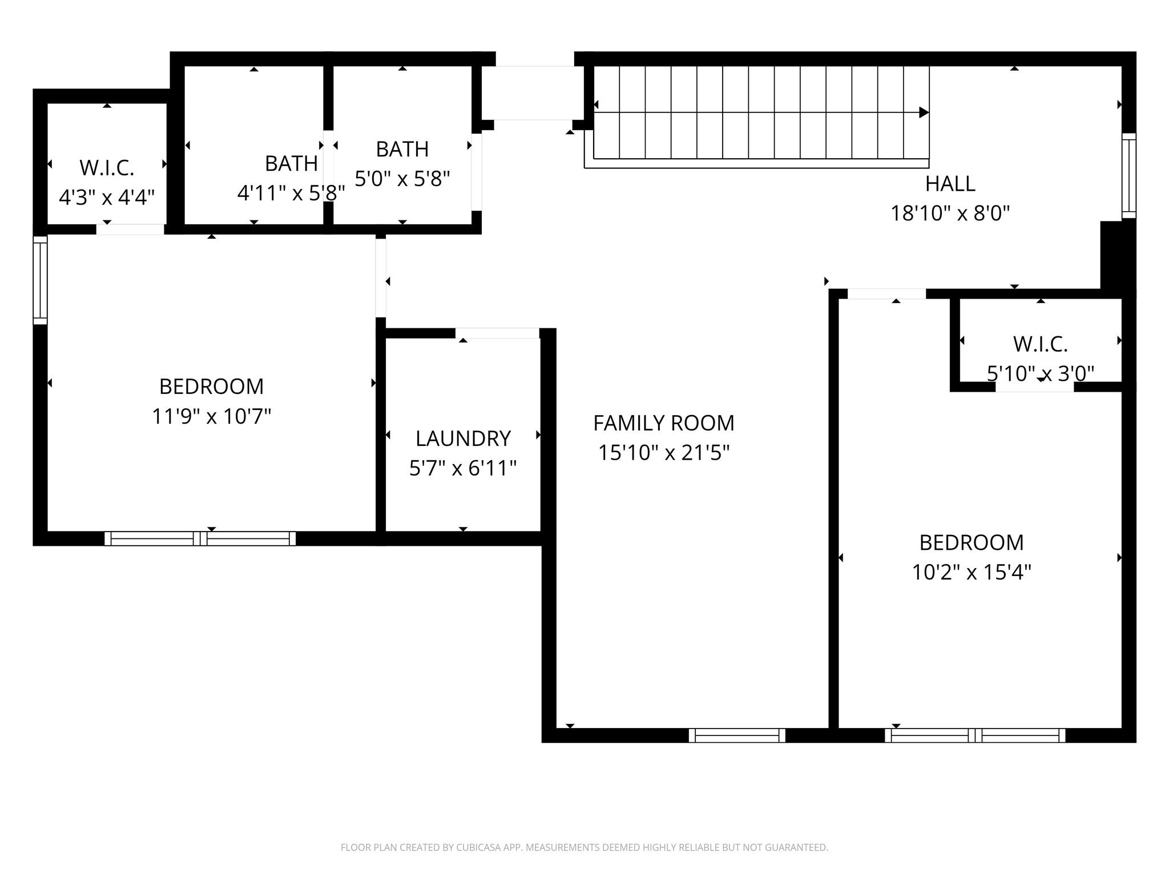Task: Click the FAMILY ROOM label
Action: [663, 423]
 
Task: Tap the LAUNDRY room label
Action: [462, 438]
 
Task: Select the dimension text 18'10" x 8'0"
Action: [950, 214]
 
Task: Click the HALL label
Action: [950, 184]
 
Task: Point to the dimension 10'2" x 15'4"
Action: [971, 572]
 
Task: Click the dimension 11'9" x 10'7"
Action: [211, 416]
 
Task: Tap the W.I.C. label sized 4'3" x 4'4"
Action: [107, 168]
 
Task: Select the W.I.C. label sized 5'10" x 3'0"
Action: [1040, 344]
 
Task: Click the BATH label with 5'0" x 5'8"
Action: [402, 149]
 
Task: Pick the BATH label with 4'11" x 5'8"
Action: [291, 164]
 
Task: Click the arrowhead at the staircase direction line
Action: [923, 112]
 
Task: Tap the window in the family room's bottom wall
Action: [736, 735]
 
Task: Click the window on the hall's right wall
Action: [1128, 176]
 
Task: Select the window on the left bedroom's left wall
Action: [40, 280]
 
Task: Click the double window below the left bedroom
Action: [200, 538]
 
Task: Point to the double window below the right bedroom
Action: [974, 735]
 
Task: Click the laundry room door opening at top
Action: [497, 333]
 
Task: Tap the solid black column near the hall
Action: [1117, 257]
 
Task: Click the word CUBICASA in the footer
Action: [479, 848]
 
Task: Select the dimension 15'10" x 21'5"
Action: [663, 453]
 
